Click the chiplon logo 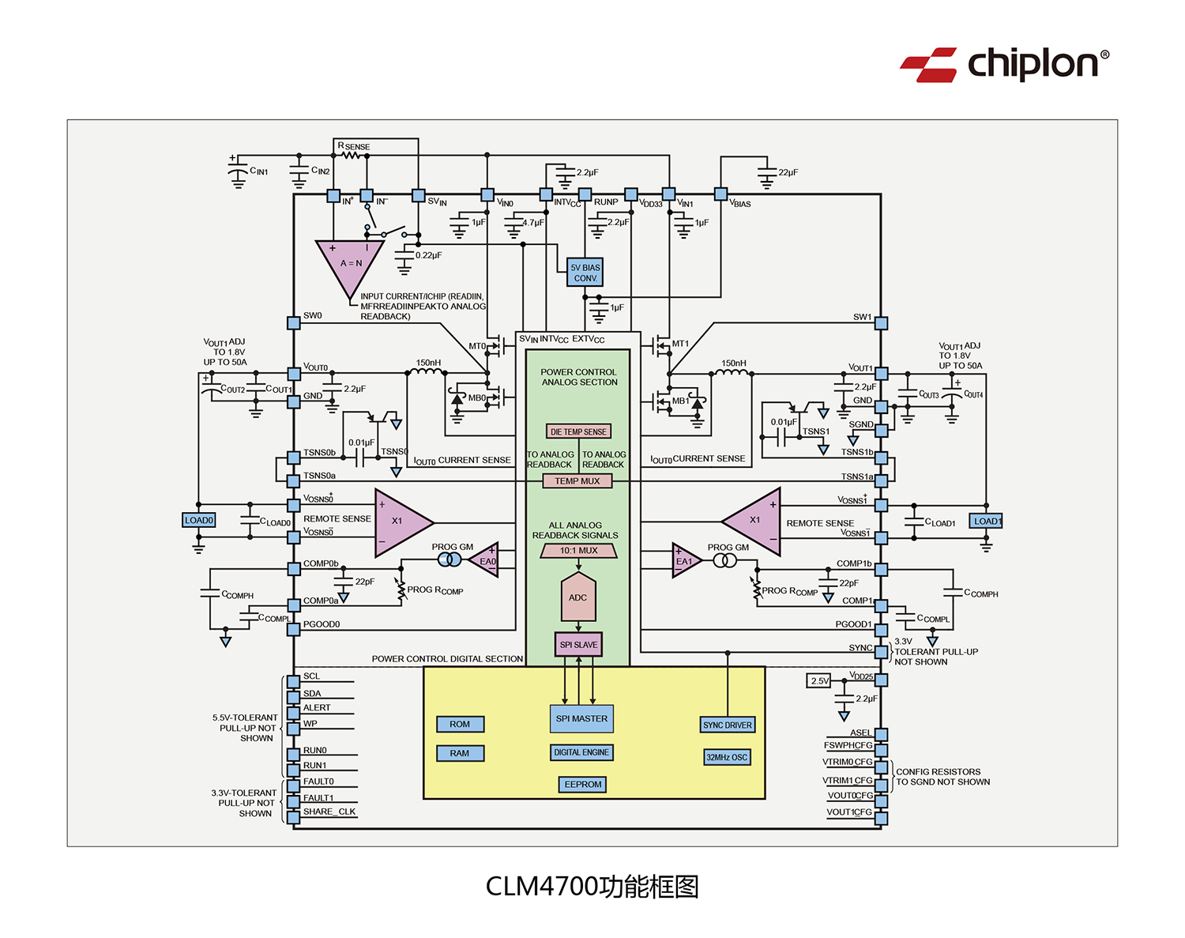tap(1004, 64)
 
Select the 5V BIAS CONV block tap(585, 273)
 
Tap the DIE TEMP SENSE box tap(578, 431)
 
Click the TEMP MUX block tap(577, 480)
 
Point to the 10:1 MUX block tap(578, 551)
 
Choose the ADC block tap(578, 597)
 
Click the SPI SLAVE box tap(578, 645)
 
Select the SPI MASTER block tap(581, 718)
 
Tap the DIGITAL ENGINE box tap(581, 752)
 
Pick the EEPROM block tap(583, 785)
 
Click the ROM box tap(460, 724)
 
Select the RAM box tap(460, 753)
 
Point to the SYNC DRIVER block tap(728, 725)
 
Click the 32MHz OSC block tap(727, 757)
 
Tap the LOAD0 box tap(199, 520)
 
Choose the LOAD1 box tap(986, 521)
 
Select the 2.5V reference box tap(820, 680)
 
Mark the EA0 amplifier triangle tap(485, 561)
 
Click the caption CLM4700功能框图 tap(592, 887)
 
